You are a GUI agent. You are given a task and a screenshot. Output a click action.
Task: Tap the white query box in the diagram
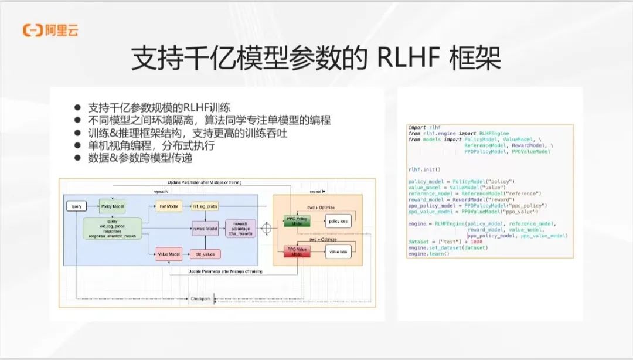point(77,207)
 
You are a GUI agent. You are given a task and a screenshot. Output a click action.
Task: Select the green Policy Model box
point(113,207)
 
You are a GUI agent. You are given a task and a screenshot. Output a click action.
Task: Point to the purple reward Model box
point(205,229)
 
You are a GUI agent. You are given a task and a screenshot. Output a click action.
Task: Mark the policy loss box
point(338,221)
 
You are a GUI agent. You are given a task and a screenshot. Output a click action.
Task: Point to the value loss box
point(338,252)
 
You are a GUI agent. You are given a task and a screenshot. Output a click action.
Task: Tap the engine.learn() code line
point(425,254)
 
